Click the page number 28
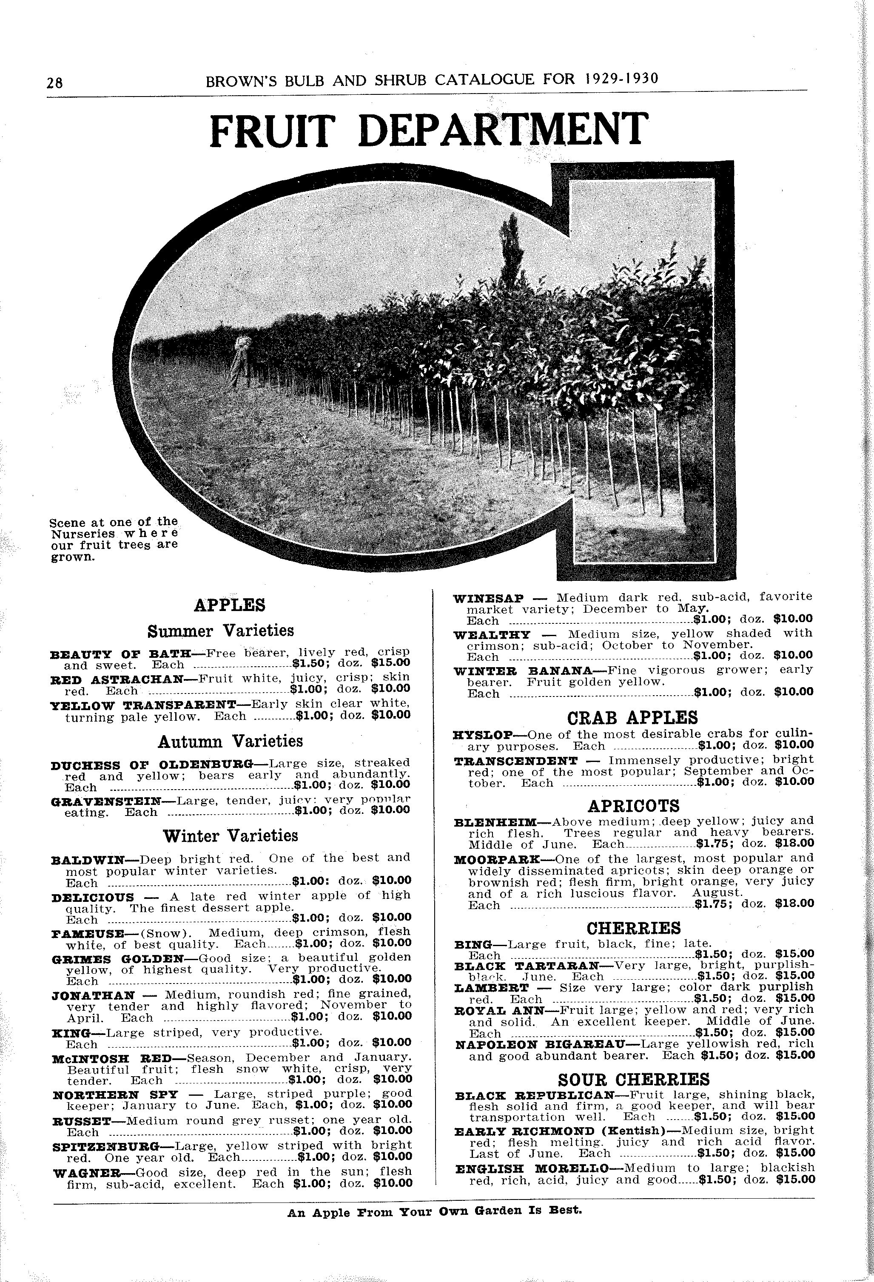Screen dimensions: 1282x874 coord(55,82)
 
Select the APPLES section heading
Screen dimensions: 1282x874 coord(230,605)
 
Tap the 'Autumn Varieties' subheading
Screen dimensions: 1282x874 coord(230,741)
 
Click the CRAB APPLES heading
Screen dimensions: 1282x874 coord(632,717)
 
